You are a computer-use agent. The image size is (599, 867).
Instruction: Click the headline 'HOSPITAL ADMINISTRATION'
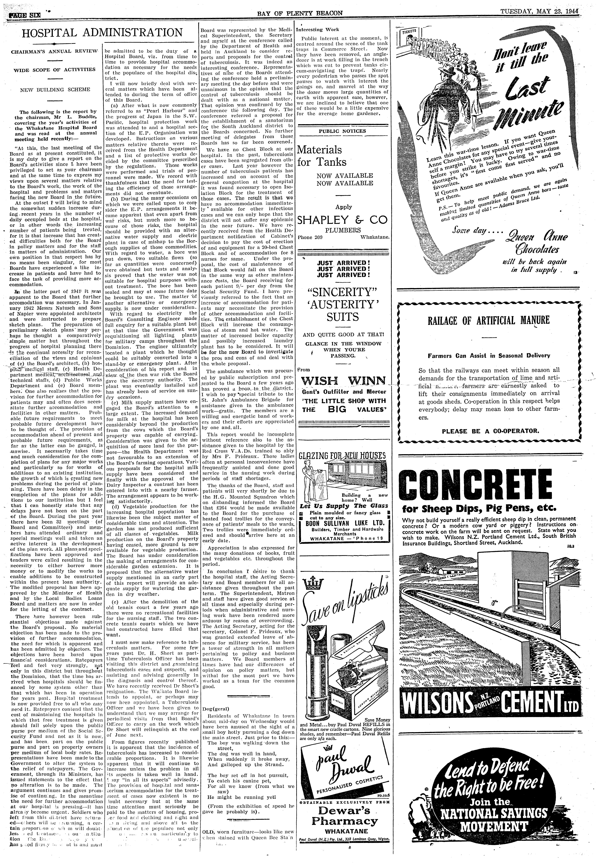point(102,33)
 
